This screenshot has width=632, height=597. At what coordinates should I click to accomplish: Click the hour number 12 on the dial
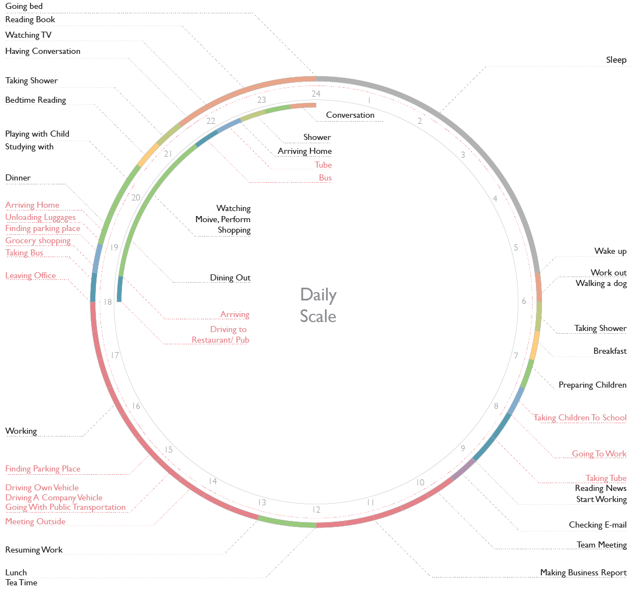click(x=316, y=510)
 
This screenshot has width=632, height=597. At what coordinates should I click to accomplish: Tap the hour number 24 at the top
click(x=316, y=93)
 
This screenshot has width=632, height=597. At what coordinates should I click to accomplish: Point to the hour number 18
click(x=108, y=302)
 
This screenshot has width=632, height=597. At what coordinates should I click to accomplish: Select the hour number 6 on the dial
click(x=523, y=301)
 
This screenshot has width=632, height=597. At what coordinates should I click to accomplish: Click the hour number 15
click(x=169, y=450)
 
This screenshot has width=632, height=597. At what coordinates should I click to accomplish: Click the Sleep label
click(x=616, y=59)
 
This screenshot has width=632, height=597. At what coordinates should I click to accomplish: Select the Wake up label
click(x=610, y=251)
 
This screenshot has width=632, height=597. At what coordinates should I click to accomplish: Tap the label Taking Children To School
click(x=580, y=418)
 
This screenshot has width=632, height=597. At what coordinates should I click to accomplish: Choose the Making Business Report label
click(x=583, y=573)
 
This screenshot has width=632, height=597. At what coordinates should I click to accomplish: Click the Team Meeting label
click(x=601, y=545)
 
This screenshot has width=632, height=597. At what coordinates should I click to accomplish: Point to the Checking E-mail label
click(x=598, y=525)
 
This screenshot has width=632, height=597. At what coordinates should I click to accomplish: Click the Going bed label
click(x=24, y=6)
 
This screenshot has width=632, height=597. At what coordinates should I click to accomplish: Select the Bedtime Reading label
click(x=36, y=100)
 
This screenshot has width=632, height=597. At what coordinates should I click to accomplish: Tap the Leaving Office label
click(x=31, y=275)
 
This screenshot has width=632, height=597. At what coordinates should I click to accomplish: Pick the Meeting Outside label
click(x=36, y=521)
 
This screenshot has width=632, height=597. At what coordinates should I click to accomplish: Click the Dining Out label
click(x=230, y=278)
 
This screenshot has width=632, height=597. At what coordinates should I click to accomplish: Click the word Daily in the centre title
click(x=318, y=294)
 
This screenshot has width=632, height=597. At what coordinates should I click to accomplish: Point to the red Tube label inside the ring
click(x=323, y=165)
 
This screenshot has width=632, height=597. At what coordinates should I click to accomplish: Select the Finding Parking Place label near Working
click(x=43, y=469)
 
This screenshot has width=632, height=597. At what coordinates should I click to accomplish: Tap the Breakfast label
click(x=610, y=351)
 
